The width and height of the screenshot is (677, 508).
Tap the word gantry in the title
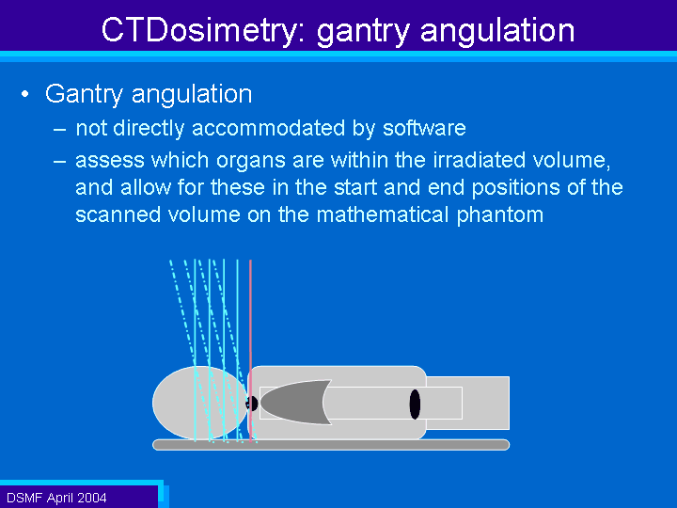tap(363, 32)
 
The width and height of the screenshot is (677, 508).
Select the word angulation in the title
tap(497, 31)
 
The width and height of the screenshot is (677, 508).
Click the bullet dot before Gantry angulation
tap(25, 94)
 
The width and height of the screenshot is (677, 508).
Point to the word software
tap(424, 128)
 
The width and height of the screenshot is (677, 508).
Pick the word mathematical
tap(383, 214)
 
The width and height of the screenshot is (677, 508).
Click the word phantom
tap(500, 215)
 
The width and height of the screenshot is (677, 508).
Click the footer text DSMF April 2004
tap(56, 498)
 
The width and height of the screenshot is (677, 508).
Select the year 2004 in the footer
tap(91, 498)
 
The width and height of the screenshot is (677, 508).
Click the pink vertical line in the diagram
tap(250, 351)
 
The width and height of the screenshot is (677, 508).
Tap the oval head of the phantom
tap(200, 403)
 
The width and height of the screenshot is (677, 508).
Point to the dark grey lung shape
tap(293, 403)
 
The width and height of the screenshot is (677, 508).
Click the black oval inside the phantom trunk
tap(415, 405)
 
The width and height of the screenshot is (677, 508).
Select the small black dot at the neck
tap(252, 404)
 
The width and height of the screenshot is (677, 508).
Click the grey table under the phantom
tap(331, 445)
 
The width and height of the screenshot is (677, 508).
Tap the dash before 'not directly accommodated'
tap(60, 129)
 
